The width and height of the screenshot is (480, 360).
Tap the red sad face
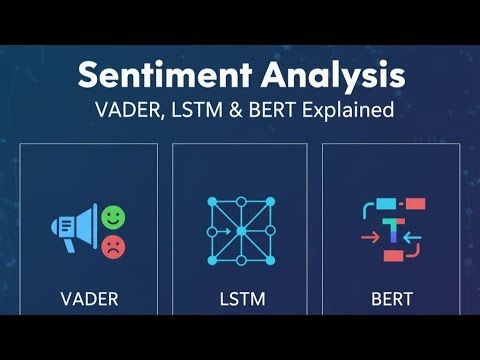(x=114, y=246)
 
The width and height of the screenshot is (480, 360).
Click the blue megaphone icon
(x=75, y=231)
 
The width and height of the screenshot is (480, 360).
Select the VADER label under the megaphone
(x=88, y=298)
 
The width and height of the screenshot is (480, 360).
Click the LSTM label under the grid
(x=239, y=298)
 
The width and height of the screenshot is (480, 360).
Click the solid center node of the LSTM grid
(x=240, y=232)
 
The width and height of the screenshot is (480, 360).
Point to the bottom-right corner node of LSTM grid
(x=268, y=260)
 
